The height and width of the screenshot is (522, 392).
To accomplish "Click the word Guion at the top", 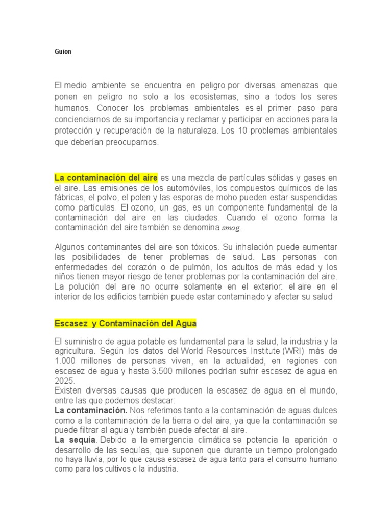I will pos(63,52).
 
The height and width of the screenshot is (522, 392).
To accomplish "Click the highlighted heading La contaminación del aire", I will pos(106,177).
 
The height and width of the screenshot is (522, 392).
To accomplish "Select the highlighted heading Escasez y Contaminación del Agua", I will pos(125,324).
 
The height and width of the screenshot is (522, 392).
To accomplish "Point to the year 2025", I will pos(64,381).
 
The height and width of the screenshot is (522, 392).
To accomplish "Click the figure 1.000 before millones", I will pos(65,361).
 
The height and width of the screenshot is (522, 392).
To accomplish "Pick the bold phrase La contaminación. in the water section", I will pos(90,410).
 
